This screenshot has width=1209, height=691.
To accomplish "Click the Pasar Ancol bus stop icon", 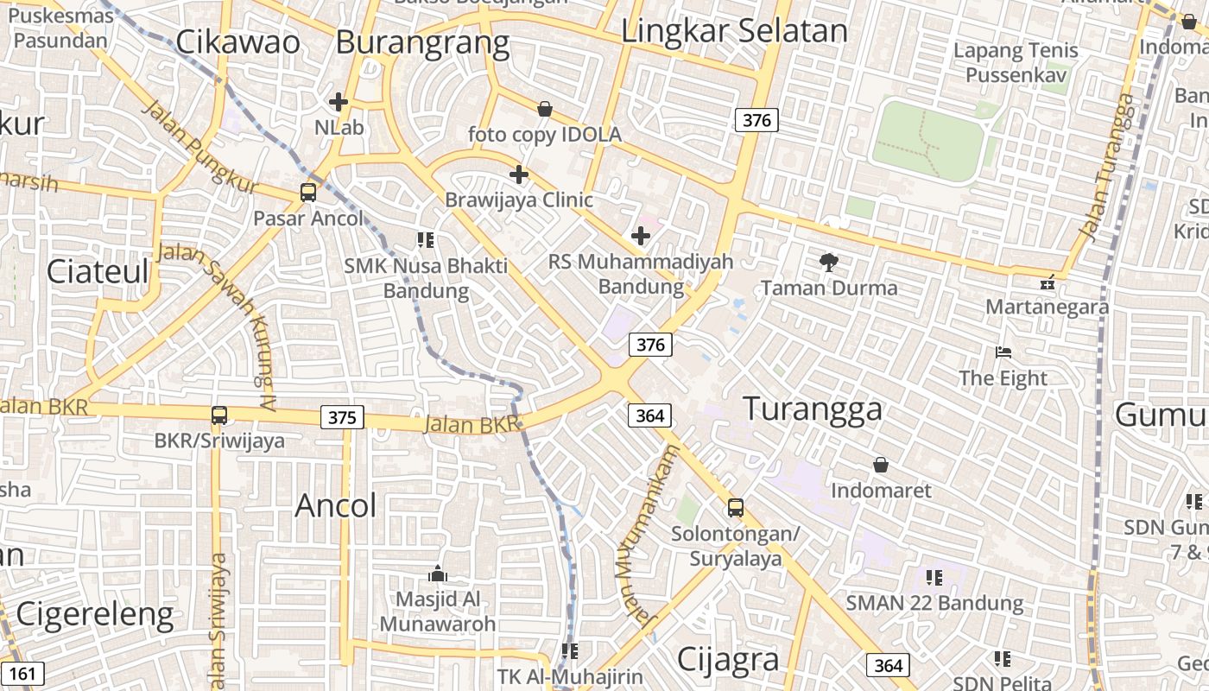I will click(308, 192).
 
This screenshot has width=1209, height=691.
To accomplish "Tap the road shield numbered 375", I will click(342, 418).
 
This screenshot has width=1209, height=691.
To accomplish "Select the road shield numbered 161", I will click(23, 674).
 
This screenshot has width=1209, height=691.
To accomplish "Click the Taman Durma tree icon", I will click(829, 262).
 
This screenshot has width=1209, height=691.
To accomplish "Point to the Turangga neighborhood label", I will click(813, 409).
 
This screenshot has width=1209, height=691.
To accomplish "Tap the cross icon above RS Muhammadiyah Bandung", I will click(641, 235).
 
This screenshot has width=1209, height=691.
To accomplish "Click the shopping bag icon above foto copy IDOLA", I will click(545, 109).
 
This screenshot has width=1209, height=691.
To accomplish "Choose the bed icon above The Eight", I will click(1003, 352).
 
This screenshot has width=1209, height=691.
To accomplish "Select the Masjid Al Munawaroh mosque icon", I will click(437, 574).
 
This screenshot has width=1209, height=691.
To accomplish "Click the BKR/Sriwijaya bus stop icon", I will click(219, 415).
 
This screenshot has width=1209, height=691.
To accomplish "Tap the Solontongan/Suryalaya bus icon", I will click(736, 508).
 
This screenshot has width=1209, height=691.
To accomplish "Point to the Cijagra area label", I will click(728, 659).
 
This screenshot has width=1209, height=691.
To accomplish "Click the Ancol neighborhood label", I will click(336, 505).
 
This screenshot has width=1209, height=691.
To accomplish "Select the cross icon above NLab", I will click(339, 102).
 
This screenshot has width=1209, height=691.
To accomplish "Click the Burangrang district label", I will click(422, 41).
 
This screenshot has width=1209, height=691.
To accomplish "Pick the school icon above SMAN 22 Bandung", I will click(934, 577).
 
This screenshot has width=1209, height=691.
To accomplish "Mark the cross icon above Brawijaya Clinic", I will click(519, 174).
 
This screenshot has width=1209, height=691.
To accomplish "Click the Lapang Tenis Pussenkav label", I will click(1016, 62).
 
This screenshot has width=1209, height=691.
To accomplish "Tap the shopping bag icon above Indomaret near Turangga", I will click(881, 465).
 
